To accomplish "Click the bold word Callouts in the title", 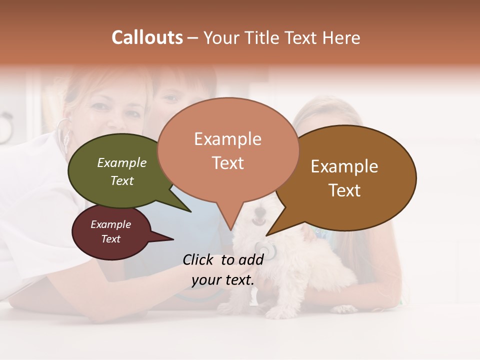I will tap(147, 37).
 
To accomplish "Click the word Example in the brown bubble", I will tap(344, 166).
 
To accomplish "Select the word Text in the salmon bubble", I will tap(228, 163).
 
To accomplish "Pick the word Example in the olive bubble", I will tap(122, 163).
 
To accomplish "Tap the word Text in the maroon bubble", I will tap(111, 239).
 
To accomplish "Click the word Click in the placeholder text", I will tap(199, 259).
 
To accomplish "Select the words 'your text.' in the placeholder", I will tap(223, 280).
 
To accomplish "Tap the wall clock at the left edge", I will tap(5, 127).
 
